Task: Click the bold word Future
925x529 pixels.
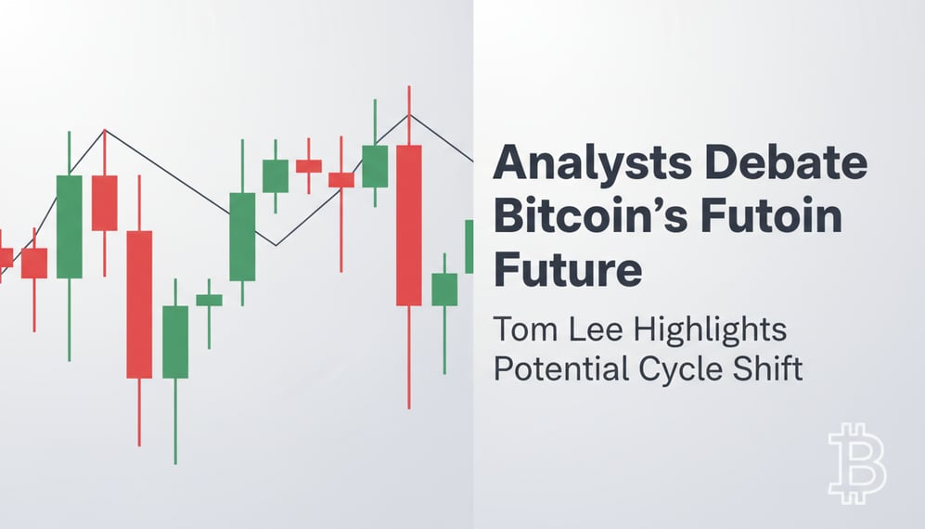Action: [x=567, y=270]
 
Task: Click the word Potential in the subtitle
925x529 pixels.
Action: [x=559, y=368]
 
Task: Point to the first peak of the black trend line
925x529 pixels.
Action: [x=105, y=130]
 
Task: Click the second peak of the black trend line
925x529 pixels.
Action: [x=408, y=115]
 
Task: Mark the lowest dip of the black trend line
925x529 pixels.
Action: [x=275, y=245]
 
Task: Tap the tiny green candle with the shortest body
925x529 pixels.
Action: [x=209, y=300]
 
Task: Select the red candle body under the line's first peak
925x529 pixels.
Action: [x=105, y=202]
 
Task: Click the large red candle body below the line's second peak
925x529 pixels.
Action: [x=408, y=225]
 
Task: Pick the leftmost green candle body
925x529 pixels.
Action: [x=70, y=226]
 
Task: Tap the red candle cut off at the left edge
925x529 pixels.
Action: [x=5, y=257]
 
